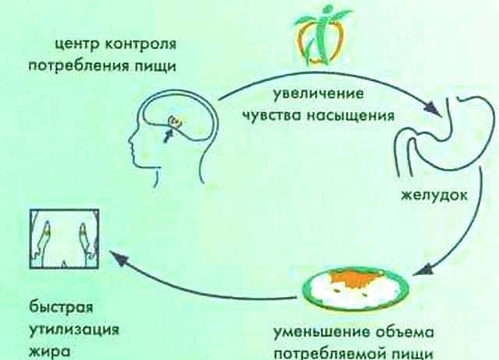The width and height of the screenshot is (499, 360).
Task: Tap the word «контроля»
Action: point(140,44)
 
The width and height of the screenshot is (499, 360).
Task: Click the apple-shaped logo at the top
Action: point(320,37)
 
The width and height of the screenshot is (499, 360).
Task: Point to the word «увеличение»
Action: point(318,94)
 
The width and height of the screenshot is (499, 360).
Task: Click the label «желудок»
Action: point(434,195)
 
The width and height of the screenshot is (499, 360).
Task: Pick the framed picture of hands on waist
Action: point(64,238)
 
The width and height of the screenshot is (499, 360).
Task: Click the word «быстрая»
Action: point(62,308)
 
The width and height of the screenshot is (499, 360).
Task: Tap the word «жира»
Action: point(49,351)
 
